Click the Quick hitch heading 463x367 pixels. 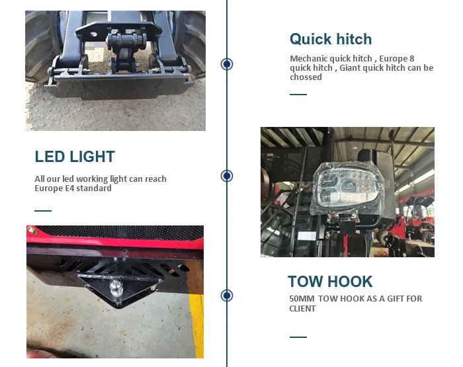(x=331, y=39)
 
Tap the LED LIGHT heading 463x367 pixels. (x=75, y=157)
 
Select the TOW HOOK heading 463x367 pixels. (x=330, y=282)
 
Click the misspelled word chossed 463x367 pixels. (x=306, y=77)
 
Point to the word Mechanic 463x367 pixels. (x=309, y=58)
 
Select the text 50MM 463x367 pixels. (x=302, y=299)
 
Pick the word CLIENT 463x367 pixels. (x=302, y=309)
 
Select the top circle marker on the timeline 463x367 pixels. (x=227, y=64)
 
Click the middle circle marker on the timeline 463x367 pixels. (x=227, y=176)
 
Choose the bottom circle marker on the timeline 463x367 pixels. (x=227, y=296)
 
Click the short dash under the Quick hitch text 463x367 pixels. (x=298, y=95)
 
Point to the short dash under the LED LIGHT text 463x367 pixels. (x=43, y=211)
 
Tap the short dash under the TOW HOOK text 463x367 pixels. (x=298, y=337)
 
